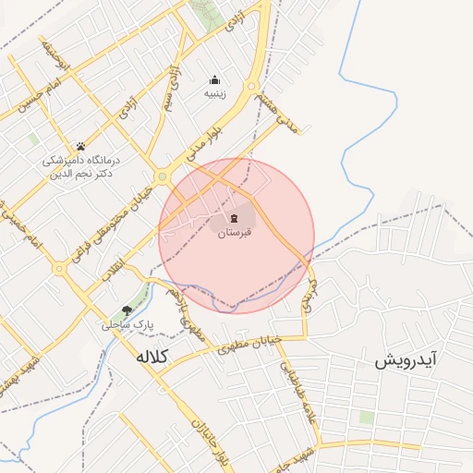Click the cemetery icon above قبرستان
[x=235, y=218]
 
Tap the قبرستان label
[x=235, y=233]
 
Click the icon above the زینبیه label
[x=215, y=79]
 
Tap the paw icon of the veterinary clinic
[x=80, y=146]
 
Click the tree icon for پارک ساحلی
[x=127, y=311]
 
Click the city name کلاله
[x=154, y=357]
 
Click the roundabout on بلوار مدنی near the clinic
[x=163, y=176]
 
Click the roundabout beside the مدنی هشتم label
[x=251, y=87]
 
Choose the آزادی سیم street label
[x=174, y=89]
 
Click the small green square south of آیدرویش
[x=367, y=418]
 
